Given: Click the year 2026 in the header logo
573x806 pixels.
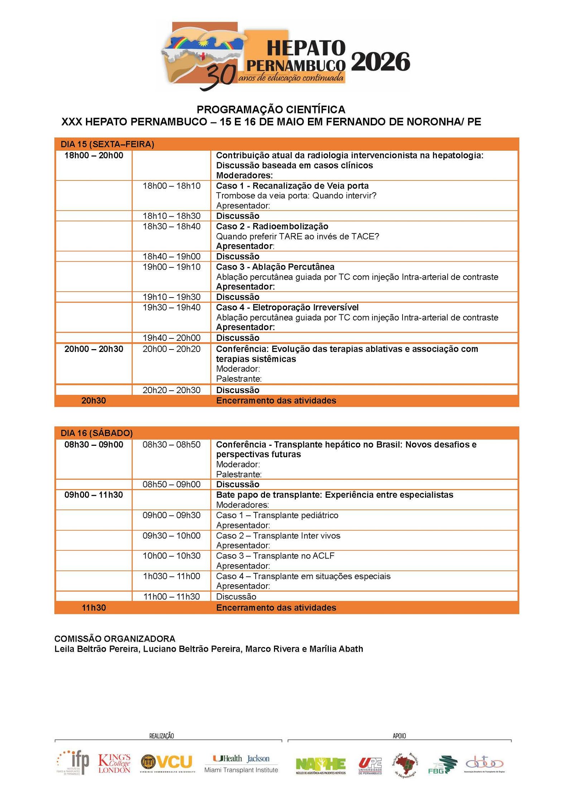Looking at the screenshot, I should [x=380, y=62].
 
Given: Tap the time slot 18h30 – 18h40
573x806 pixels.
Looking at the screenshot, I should [x=172, y=226].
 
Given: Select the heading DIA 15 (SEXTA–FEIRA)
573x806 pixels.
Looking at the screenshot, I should [x=107, y=144].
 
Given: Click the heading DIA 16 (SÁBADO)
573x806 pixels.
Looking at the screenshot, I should [x=97, y=433].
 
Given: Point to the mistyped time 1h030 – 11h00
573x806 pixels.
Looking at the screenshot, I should [x=172, y=576].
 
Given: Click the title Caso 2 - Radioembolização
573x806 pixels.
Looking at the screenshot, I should [x=272, y=226].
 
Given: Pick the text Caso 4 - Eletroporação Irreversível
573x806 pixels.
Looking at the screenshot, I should [x=287, y=307].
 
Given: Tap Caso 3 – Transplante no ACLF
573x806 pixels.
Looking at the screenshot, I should [x=275, y=556].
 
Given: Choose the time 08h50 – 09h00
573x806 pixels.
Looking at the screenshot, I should [x=172, y=484].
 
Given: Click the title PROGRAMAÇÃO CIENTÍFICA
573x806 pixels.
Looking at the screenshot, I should [x=271, y=109].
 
